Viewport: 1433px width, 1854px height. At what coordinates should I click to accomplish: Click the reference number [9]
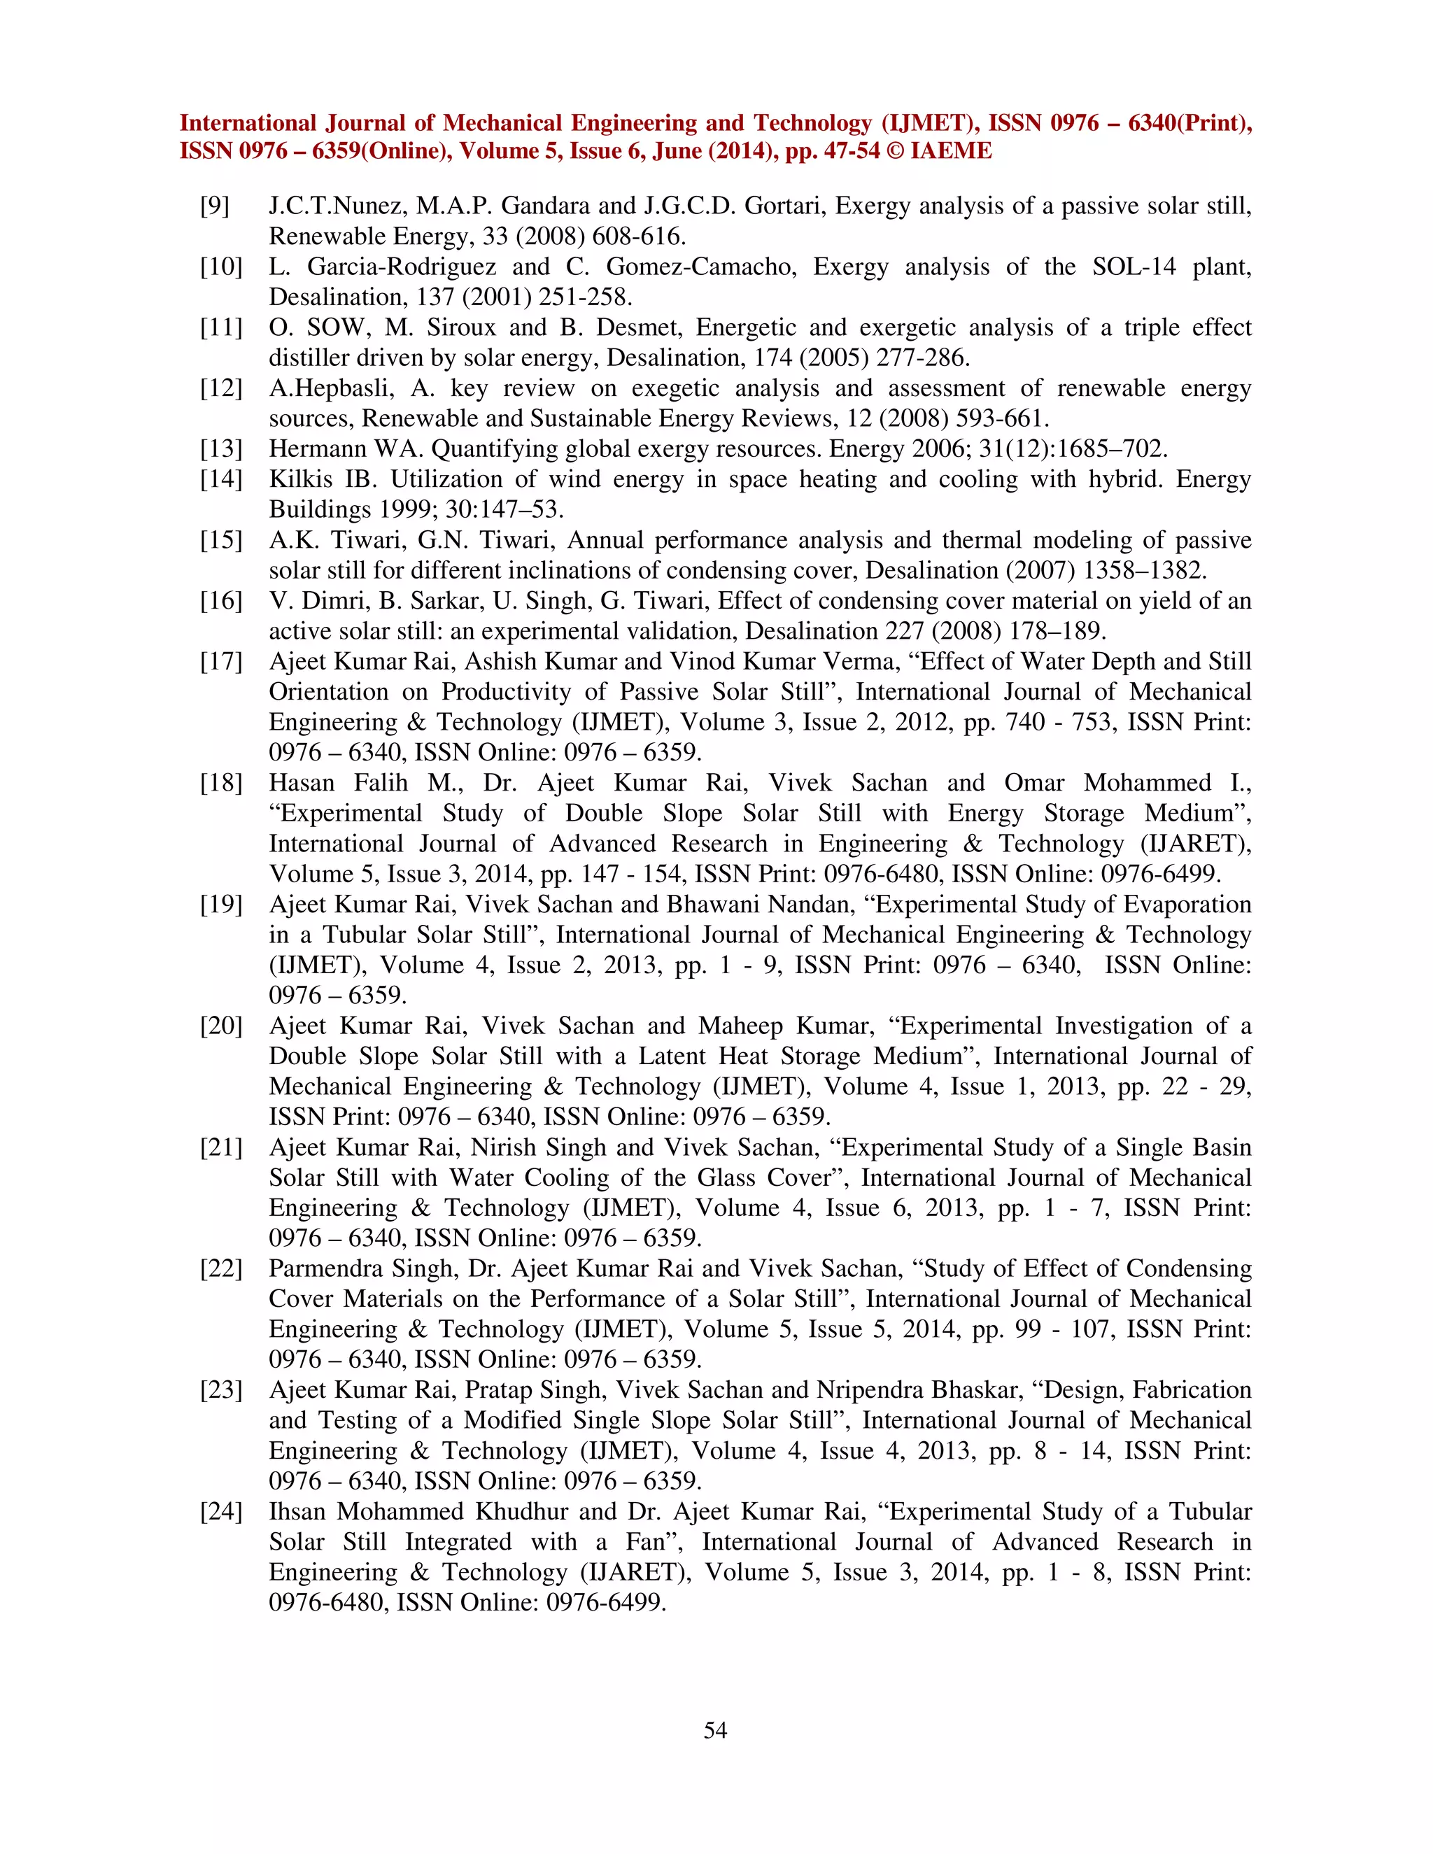(215, 206)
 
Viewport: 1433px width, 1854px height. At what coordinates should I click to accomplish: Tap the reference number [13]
(220, 449)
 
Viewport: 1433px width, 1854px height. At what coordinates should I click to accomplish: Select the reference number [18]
(220, 783)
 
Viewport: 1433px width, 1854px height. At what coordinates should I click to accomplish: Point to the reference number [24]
(220, 1512)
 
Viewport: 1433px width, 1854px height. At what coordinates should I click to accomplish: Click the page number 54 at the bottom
(716, 1730)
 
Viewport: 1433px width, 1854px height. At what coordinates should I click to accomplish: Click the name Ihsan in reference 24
(297, 1512)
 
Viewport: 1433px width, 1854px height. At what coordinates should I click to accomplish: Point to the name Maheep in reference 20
(736, 1026)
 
